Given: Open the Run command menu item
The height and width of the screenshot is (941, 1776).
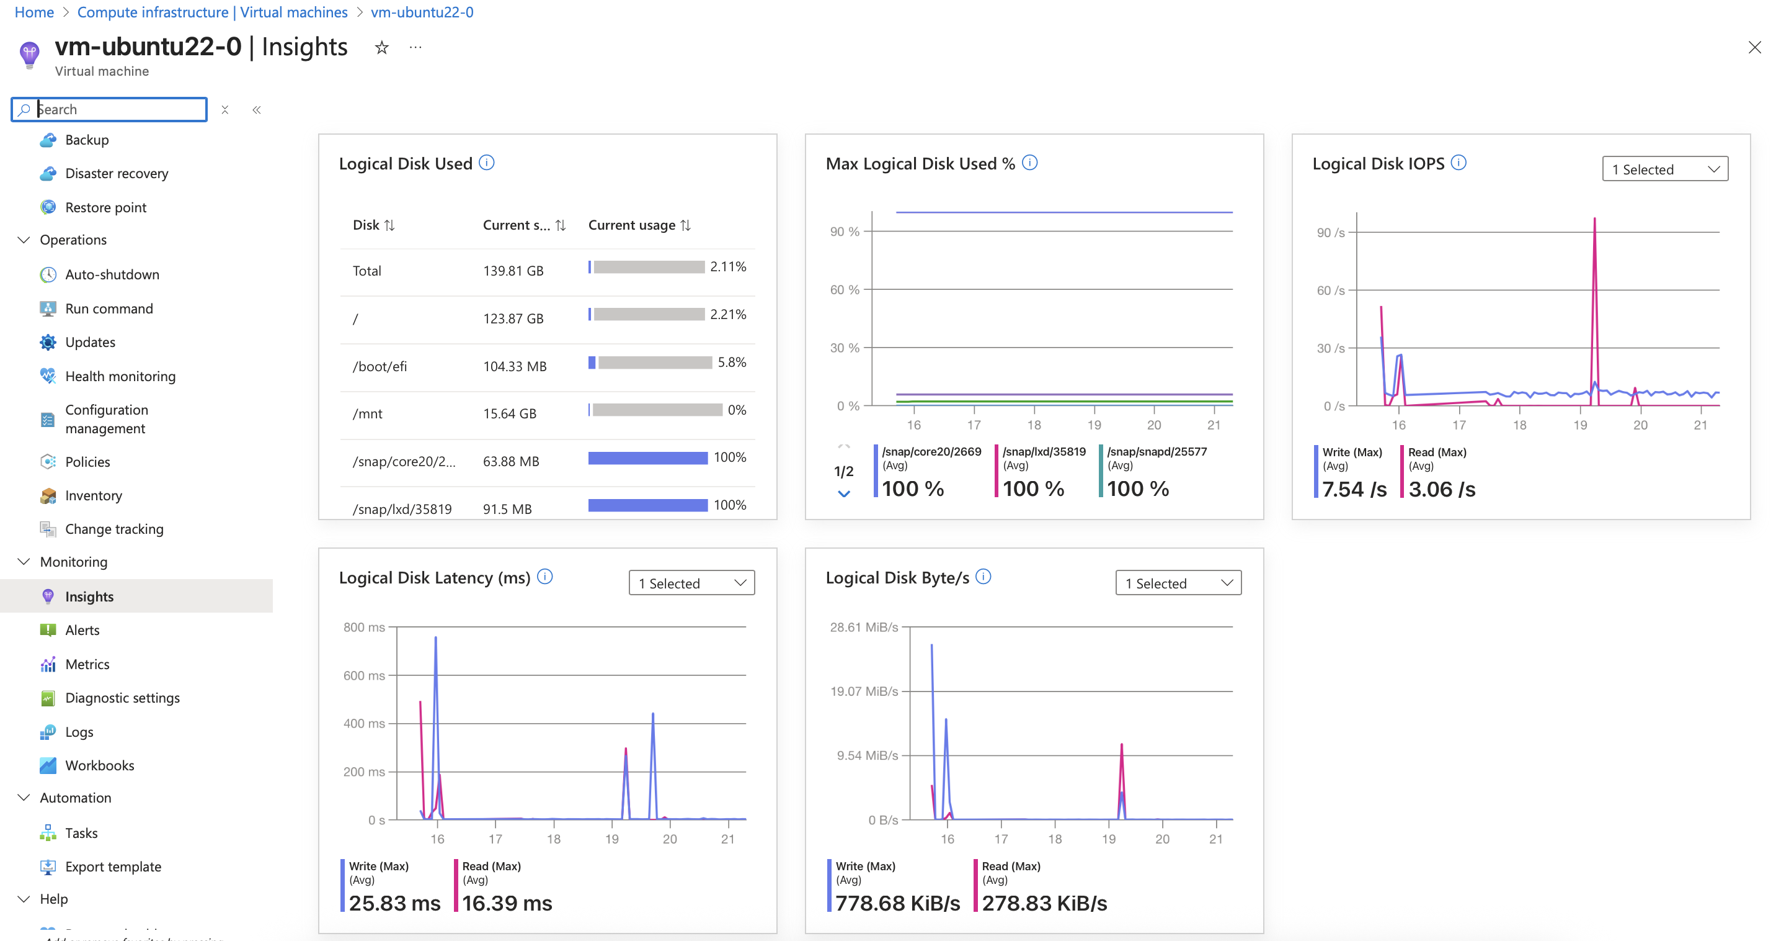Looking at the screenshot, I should tap(109, 308).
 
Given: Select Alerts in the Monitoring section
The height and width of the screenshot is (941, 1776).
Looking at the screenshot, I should tap(82, 630).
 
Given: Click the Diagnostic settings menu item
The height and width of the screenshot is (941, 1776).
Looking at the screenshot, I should tap(122, 698).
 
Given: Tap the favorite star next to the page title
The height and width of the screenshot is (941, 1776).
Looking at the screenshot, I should tap(381, 48).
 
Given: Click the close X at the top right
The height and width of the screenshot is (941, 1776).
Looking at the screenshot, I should tap(1754, 48).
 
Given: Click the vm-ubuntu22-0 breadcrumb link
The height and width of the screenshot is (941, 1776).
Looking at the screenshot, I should tap(422, 12).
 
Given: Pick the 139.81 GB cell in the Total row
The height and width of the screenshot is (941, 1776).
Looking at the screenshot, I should tap(513, 271).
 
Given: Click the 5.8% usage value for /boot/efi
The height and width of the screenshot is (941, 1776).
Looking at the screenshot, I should tap(732, 362).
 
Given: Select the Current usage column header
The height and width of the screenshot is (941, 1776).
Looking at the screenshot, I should tap(631, 225).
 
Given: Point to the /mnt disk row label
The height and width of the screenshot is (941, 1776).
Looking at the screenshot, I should tap(368, 414).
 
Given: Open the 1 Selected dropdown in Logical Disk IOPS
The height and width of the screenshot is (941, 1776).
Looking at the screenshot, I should tap(1664, 169).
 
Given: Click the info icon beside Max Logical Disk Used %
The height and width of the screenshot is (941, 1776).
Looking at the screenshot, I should tap(1029, 163).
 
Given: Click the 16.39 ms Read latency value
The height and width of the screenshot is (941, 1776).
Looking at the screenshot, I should tap(507, 903).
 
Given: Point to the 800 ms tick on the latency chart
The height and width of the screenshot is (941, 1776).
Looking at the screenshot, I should tap(364, 627).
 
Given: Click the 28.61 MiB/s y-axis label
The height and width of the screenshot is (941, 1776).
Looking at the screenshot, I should tap(863, 627).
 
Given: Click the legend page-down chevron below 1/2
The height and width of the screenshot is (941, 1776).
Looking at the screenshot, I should tap(844, 494).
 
